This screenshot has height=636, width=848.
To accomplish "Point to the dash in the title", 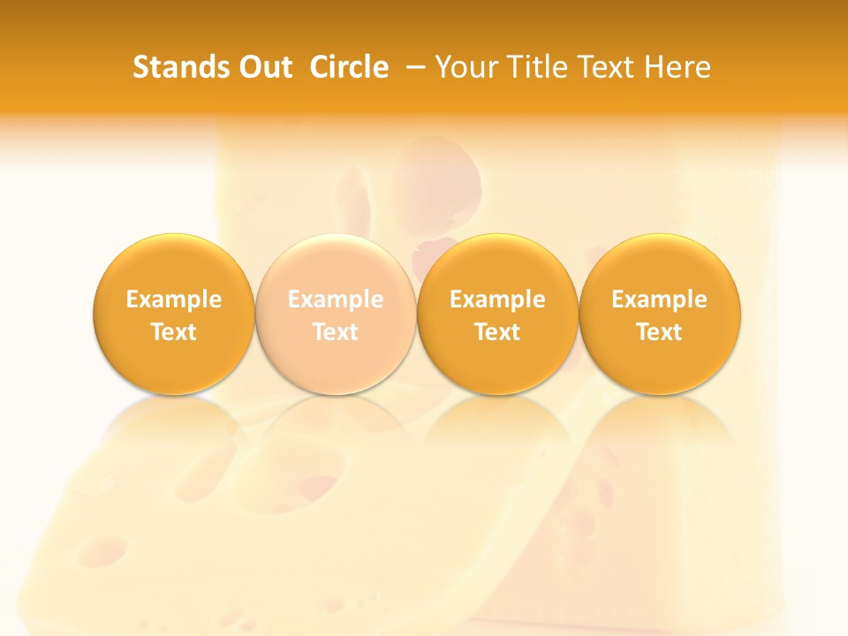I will coord(412,67).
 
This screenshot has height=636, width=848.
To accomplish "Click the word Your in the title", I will coord(466,67).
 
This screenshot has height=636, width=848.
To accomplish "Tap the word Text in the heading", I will coord(604,67).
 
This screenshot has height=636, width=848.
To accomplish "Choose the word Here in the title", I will coord(677,67).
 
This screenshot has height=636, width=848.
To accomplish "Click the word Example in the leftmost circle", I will coord(174,300).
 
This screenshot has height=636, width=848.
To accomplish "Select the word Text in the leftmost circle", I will coord(174,332).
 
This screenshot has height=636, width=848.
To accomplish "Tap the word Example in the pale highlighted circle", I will coord(336,300).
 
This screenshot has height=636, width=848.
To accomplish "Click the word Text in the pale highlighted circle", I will coord(336,332).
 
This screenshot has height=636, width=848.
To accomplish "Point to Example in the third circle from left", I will coord(497,300).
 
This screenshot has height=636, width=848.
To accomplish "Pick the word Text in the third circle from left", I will coord(497,332).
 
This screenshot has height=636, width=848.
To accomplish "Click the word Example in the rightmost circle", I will coord(660,300).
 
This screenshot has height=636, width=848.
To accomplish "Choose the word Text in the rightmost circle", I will coord(660,332).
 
